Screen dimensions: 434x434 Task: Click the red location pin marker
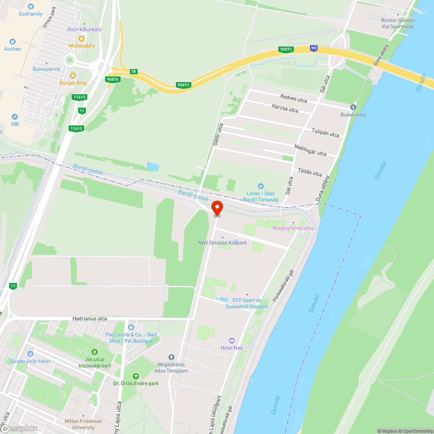pyautogui.click(x=217, y=207)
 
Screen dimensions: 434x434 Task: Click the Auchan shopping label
pyautogui.click(x=12, y=49)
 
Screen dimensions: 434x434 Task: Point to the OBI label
pyautogui.click(x=15, y=124)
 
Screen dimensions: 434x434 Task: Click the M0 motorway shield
pyautogui.click(x=314, y=48)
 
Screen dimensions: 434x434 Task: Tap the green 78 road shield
pyautogui.click(x=133, y=71)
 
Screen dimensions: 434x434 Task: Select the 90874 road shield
pyautogui.click(x=112, y=79)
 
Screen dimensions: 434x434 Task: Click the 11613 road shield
pyautogui.click(x=79, y=98)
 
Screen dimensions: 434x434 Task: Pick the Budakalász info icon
pyautogui.click(x=353, y=107)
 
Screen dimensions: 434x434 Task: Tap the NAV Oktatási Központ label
pyautogui.click(x=222, y=243)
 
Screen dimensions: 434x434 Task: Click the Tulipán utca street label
pyautogui.click(x=325, y=134)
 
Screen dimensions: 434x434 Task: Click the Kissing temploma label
pyautogui.click(x=293, y=228)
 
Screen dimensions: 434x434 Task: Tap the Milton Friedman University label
pyautogui.click(x=83, y=424)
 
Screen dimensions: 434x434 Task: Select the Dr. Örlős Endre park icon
pyautogui.click(x=136, y=376)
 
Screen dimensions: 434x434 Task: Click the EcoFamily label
pyautogui.click(x=31, y=14)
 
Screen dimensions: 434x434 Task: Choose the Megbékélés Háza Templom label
pyautogui.click(x=171, y=368)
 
